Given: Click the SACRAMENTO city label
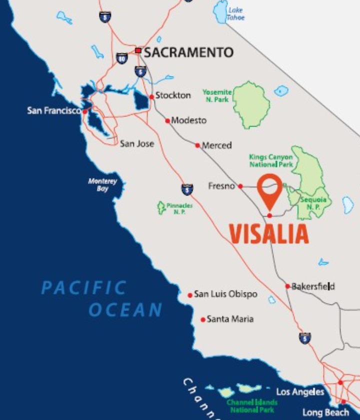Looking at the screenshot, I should [189, 52].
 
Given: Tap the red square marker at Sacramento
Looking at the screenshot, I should [138, 50].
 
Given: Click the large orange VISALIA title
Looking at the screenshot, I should [269, 234].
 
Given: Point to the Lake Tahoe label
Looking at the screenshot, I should [235, 14].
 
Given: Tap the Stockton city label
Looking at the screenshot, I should [173, 95].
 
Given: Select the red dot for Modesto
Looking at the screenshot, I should [167, 120].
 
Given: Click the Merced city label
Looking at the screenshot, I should [216, 145].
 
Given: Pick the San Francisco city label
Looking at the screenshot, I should [53, 110].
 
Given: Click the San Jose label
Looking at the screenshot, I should [136, 143].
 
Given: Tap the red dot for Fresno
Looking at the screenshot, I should [240, 186].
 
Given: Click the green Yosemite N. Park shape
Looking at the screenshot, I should [251, 104].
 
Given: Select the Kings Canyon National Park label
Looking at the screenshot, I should [270, 160].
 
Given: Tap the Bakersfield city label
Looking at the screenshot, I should [313, 286].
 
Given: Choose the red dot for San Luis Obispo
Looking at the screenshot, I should [190, 295].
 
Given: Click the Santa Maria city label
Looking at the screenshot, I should [230, 319].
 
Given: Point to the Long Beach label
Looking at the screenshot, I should [325, 412].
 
